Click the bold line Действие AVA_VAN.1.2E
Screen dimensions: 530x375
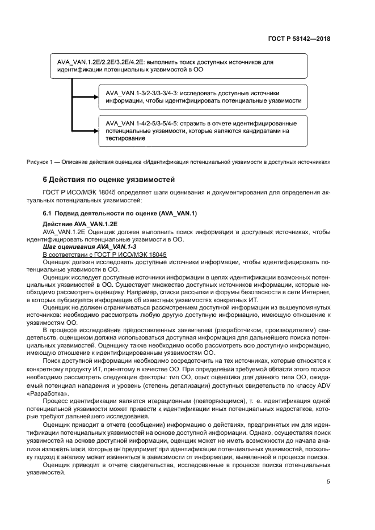point(80,224)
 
